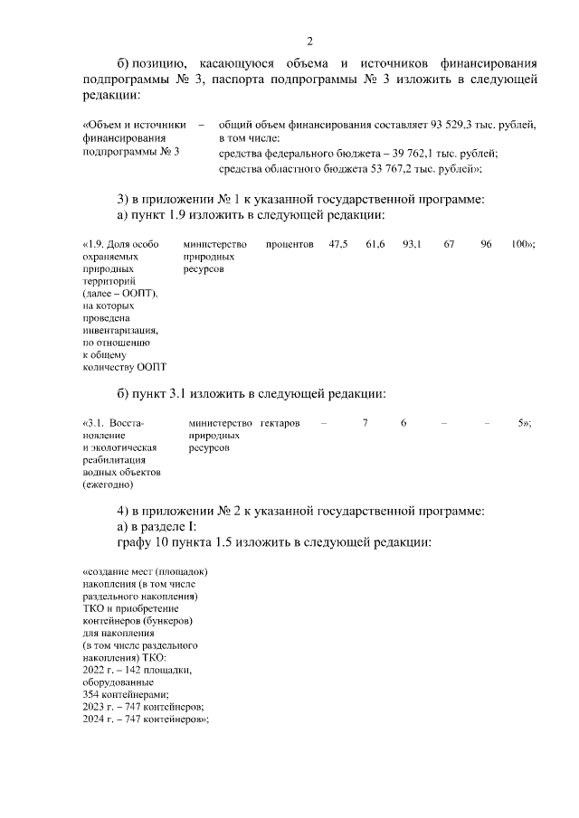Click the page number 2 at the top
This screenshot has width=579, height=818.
point(310,41)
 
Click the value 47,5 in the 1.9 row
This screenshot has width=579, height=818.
point(339,245)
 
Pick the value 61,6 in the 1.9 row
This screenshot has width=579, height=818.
point(375,245)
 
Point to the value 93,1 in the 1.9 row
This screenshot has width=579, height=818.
point(412,245)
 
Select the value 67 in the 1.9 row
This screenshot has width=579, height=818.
point(449,245)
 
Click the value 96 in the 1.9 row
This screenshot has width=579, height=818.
point(486,245)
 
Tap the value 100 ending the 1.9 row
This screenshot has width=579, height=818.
point(519,245)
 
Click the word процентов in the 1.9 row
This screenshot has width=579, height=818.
point(289,245)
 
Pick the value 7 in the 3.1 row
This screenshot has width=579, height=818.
point(365,423)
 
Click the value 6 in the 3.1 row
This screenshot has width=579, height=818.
point(403,423)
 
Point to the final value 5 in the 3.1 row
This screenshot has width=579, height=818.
point(520,423)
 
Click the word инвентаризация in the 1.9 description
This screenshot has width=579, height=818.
point(118,331)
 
